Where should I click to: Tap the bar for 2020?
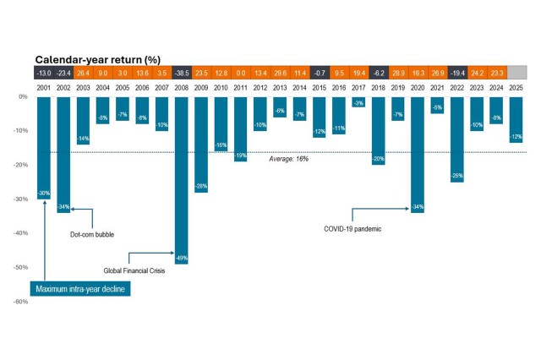(x=417, y=152)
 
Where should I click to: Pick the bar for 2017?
(x=358, y=101)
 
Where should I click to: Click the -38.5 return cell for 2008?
(x=181, y=73)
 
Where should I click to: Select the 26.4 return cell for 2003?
(x=83, y=73)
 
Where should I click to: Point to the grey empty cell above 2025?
(x=515, y=73)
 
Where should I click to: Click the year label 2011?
(x=240, y=86)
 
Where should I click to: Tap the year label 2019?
(x=397, y=86)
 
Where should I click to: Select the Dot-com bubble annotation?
(x=91, y=234)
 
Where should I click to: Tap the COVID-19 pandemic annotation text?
(x=353, y=228)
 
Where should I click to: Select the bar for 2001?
(x=43, y=144)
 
